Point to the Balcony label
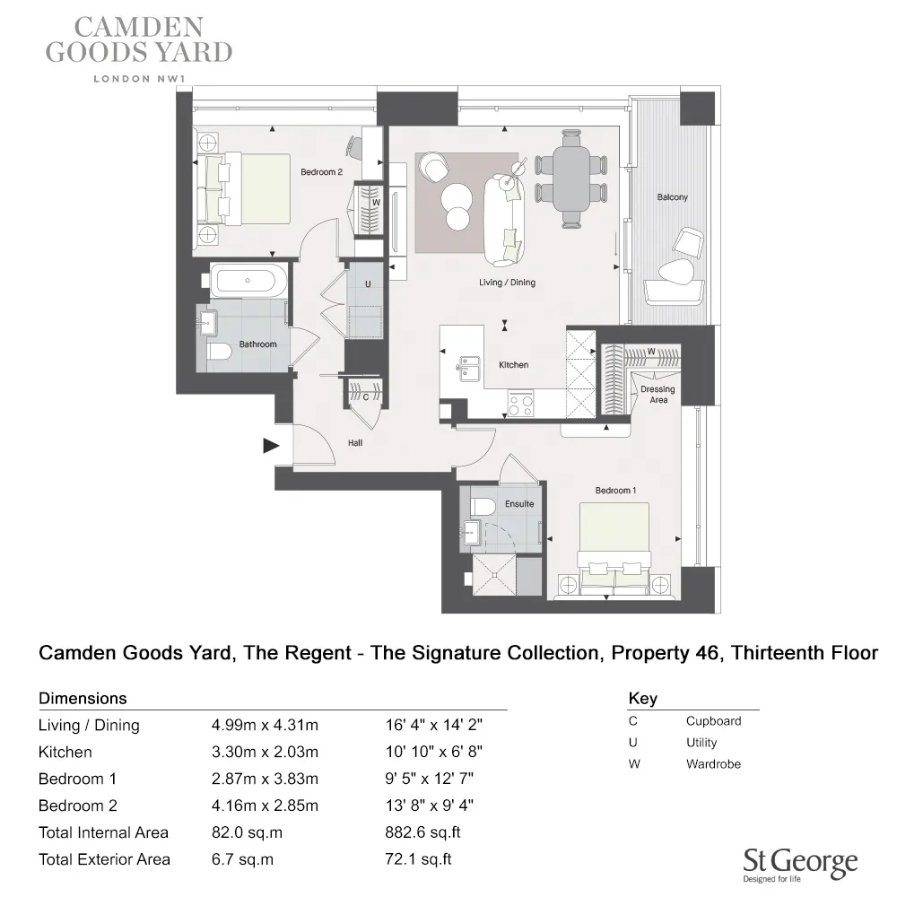(x=672, y=197)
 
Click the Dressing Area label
(x=658, y=395)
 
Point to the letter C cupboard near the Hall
(x=366, y=396)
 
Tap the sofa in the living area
(x=505, y=215)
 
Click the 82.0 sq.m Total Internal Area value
(x=246, y=832)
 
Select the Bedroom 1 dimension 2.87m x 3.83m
(x=264, y=779)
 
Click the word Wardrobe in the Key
(x=713, y=764)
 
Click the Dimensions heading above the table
(x=83, y=698)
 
